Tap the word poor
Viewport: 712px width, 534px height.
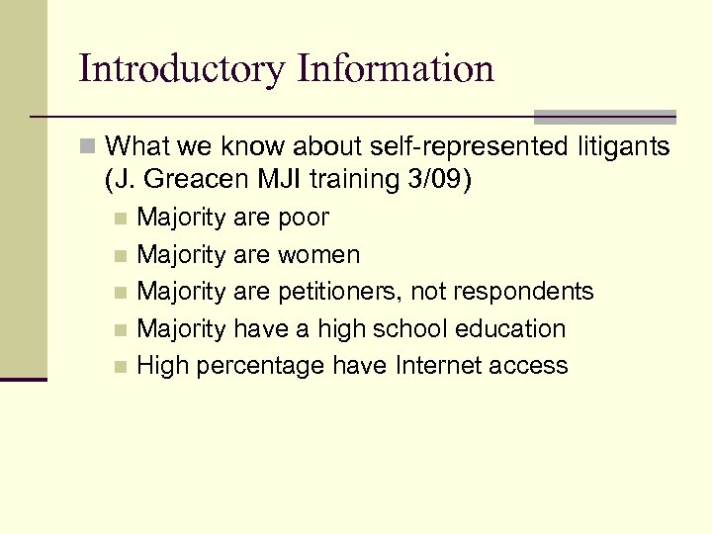click(305, 218)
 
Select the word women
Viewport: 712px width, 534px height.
click(319, 254)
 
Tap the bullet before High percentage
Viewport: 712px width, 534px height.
click(120, 367)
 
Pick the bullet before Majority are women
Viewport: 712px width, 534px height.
click(120, 255)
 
